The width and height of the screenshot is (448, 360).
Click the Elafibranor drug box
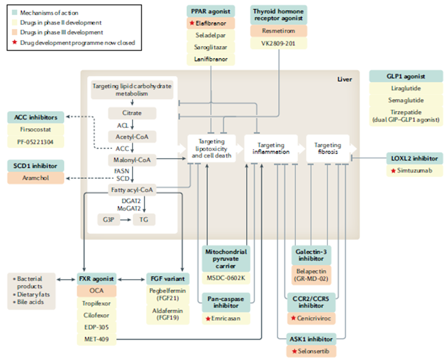click(x=211, y=23)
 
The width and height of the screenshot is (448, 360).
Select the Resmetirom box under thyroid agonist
click(x=279, y=32)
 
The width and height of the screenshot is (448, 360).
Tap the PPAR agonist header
click(x=211, y=10)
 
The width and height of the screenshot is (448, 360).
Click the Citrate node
click(x=132, y=113)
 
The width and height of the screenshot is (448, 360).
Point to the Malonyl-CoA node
click(x=132, y=160)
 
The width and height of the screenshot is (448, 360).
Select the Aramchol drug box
click(x=36, y=178)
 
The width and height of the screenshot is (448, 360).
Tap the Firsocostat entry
click(x=36, y=129)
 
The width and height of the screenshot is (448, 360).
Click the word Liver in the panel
click(x=344, y=79)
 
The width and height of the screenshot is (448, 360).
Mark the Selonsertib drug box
click(x=309, y=352)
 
